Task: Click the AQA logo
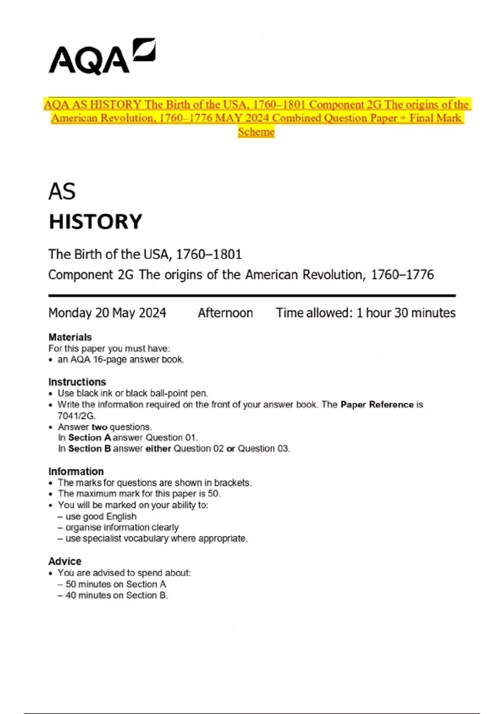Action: tap(102, 57)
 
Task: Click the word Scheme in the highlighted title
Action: tap(256, 132)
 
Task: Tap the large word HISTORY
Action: tap(96, 221)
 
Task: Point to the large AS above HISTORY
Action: tap(62, 192)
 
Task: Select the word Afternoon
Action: tap(225, 313)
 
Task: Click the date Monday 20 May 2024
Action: tap(107, 313)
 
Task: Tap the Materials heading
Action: tap(70, 337)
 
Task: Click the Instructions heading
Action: tap(77, 382)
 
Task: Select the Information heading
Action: tap(76, 471)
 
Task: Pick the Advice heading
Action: tap(65, 561)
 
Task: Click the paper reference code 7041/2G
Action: tap(76, 416)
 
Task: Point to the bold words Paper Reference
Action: tap(377, 404)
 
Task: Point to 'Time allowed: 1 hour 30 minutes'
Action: tap(365, 313)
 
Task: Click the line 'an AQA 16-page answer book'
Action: tap(121, 360)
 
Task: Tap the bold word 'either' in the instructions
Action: tap(158, 449)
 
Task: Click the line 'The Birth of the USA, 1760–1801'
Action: tap(145, 254)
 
